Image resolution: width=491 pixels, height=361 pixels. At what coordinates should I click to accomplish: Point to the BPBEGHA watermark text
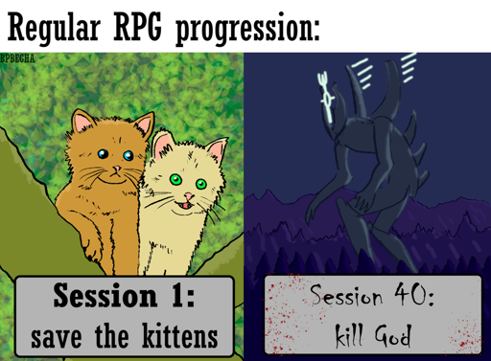[x=22, y=59]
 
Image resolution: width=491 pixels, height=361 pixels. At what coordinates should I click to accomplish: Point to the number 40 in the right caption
[x=414, y=297]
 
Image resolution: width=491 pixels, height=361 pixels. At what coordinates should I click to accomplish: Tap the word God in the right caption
[x=395, y=336]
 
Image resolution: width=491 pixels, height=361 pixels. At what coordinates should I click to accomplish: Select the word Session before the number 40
[x=349, y=297]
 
